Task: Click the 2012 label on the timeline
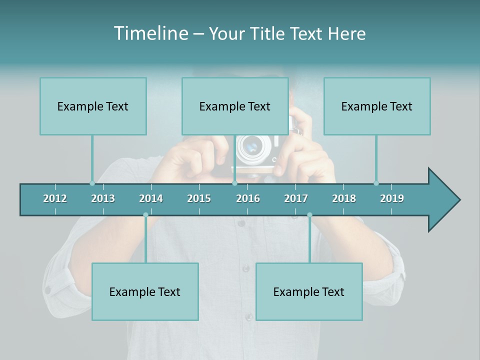pos(55,198)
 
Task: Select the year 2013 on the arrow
pos(103,198)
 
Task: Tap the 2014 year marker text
pos(151,198)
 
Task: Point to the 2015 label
pos(199,198)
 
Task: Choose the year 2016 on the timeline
pos(248,198)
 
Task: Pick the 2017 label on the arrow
pos(296,198)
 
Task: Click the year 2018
pos(344,198)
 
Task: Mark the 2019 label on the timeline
pos(392,198)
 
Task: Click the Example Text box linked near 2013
pos(93,106)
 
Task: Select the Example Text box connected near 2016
pos(235,106)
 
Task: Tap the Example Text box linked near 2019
pos(377,106)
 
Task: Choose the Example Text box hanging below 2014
pos(145,291)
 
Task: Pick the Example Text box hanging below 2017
pos(309,291)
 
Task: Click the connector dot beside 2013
pos(92,183)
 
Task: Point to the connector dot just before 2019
pos(376,183)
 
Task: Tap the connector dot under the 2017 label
pos(309,215)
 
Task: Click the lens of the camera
pos(250,147)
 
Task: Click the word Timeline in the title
pos(151,33)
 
